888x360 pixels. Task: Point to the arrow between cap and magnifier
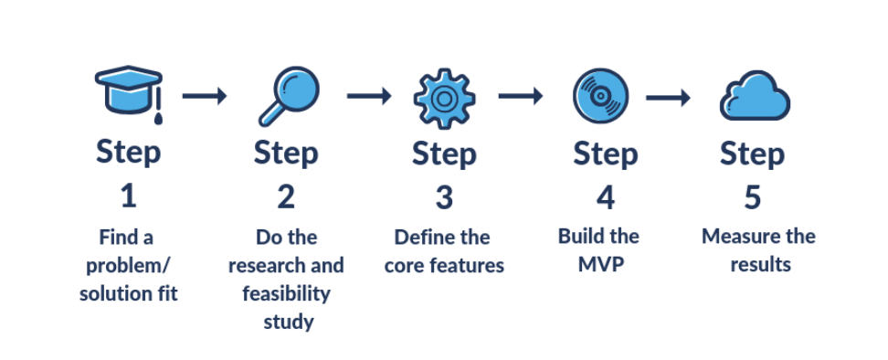205,96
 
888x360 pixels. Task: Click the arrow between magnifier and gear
369,96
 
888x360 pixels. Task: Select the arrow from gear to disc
521,96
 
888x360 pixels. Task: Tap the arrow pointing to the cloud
669,96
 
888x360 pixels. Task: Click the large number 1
128,196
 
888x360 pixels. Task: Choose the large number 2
286,196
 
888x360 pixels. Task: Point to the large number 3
444,196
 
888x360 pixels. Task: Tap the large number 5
752,196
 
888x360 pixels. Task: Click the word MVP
598,265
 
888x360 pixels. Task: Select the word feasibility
286,294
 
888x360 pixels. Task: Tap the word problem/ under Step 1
127,266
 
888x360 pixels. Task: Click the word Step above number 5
752,154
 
